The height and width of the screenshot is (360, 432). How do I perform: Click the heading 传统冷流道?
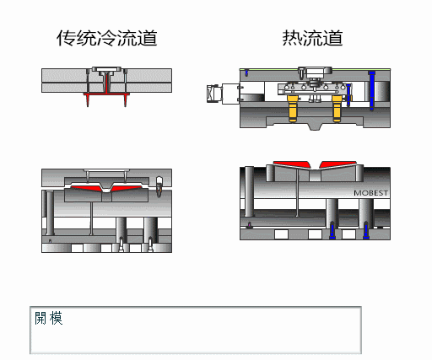(x=106, y=38)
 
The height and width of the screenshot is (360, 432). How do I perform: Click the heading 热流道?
(x=312, y=38)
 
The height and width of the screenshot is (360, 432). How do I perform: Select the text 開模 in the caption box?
(x=48, y=318)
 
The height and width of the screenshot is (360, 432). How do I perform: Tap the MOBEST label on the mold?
(x=370, y=193)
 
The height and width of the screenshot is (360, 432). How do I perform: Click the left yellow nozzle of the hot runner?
(x=293, y=109)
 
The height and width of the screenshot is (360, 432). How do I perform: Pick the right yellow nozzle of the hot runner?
(x=337, y=109)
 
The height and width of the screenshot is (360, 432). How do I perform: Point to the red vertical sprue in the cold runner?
(x=107, y=83)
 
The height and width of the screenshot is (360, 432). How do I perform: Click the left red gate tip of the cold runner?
(x=88, y=100)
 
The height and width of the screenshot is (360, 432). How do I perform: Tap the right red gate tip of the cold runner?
(x=126, y=100)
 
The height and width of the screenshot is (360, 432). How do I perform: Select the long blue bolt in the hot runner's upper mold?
(x=372, y=90)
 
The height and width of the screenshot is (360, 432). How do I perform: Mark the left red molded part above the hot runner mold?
(x=291, y=164)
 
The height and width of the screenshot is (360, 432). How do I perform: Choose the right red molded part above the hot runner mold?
(x=338, y=164)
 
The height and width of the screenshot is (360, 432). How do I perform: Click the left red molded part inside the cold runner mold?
(x=86, y=188)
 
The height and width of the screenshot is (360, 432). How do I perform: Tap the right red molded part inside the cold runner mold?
(x=126, y=188)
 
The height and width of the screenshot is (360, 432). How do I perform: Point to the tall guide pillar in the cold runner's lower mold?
(x=50, y=213)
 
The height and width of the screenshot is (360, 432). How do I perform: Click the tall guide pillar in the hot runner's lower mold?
(x=249, y=191)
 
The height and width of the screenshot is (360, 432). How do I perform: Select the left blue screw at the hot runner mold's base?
(x=332, y=230)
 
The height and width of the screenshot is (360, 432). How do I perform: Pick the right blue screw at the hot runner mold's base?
(x=366, y=230)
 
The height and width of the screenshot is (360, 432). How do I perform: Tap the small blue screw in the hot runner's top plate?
(x=246, y=73)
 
